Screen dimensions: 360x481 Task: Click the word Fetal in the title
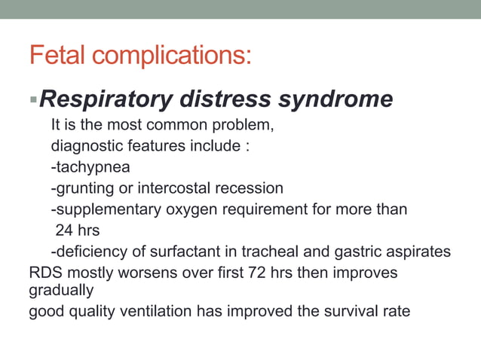click(x=57, y=55)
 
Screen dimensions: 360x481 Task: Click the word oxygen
click(x=188, y=209)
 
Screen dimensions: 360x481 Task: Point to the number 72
click(x=258, y=273)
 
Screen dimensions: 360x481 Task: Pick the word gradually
click(x=61, y=291)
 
